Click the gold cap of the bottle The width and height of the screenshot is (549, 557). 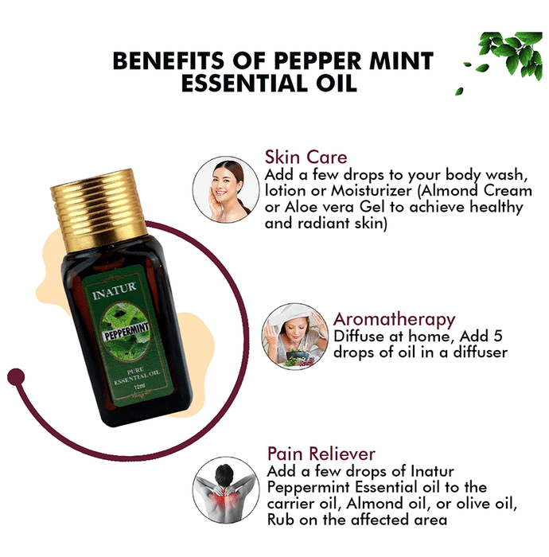99,209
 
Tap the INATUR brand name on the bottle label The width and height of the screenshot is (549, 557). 114,290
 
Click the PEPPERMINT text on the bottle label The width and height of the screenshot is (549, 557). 127,332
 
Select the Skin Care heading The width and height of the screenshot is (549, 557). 306,157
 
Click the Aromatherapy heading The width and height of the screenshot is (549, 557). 394,319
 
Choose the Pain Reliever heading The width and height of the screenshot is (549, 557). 321,454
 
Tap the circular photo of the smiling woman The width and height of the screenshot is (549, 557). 226,189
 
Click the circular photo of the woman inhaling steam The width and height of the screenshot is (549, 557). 294,336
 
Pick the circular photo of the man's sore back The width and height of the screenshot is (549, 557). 226,490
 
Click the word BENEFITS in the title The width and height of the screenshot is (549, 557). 169,60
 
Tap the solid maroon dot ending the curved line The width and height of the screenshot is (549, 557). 16,376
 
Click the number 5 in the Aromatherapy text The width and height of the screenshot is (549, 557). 498,336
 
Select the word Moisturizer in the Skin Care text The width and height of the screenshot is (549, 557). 372,191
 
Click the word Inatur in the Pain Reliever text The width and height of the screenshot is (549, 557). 432,471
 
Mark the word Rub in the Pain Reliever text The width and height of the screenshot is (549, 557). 281,520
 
